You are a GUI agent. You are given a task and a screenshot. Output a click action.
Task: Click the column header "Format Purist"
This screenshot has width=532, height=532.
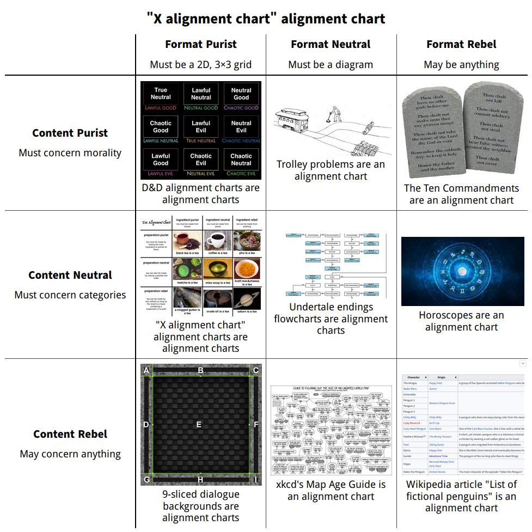tap(201, 45)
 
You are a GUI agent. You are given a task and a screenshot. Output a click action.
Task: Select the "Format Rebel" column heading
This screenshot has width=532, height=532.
tap(461, 45)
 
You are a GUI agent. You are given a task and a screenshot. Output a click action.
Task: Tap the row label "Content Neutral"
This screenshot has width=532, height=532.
tap(70, 275)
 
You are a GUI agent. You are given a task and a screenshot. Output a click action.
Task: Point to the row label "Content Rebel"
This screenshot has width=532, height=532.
tap(70, 434)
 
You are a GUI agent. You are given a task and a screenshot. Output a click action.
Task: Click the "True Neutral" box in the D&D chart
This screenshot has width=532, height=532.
tap(161, 94)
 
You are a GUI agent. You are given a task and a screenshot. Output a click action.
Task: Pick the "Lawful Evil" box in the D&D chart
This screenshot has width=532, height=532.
tap(201, 127)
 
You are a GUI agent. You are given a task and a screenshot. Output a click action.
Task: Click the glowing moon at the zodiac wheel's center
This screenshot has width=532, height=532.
tap(462, 271)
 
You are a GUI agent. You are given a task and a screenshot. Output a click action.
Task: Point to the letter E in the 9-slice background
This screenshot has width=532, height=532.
tap(199, 424)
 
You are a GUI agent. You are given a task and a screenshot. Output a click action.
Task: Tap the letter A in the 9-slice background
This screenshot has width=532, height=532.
tap(146, 371)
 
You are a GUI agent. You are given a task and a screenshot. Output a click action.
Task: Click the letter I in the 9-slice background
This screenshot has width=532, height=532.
tap(256, 479)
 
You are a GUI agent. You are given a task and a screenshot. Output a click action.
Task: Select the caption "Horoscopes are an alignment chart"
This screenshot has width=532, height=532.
tap(461, 321)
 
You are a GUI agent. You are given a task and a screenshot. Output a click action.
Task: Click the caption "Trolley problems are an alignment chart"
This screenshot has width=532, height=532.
tap(331, 170)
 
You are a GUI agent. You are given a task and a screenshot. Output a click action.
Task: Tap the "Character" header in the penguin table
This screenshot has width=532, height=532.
tap(414, 377)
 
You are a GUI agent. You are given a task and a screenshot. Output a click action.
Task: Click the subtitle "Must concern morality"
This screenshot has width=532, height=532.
tap(70, 152)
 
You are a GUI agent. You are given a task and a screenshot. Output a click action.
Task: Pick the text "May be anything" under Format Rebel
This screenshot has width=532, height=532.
tap(461, 64)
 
